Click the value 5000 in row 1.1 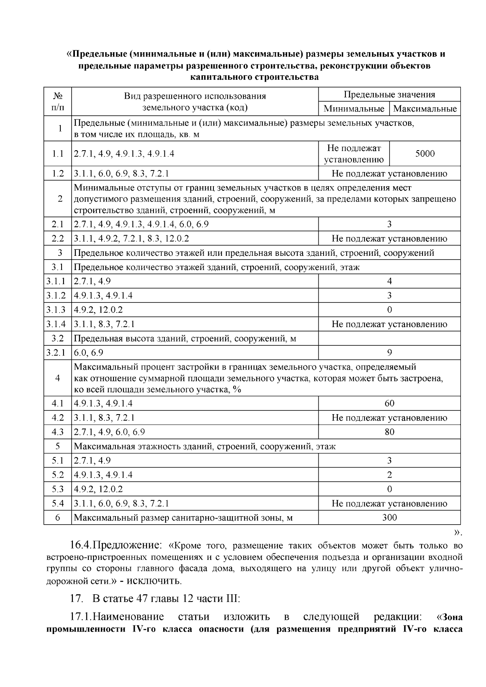pyautogui.click(x=424, y=154)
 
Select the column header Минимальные pyautogui.click(x=354, y=109)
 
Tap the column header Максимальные pyautogui.click(x=424, y=109)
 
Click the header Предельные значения pyautogui.click(x=389, y=95)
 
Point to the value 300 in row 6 pyautogui.click(x=389, y=517)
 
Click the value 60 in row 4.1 pyautogui.click(x=389, y=403)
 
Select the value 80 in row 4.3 pyautogui.click(x=389, y=432)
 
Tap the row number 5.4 pyautogui.click(x=58, y=504)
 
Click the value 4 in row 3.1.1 pyautogui.click(x=389, y=281)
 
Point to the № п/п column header pyautogui.click(x=58, y=102)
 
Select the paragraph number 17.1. pyautogui.click(x=81, y=617)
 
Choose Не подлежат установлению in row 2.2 pyautogui.click(x=389, y=239)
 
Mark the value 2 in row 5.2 pyautogui.click(x=389, y=475)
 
